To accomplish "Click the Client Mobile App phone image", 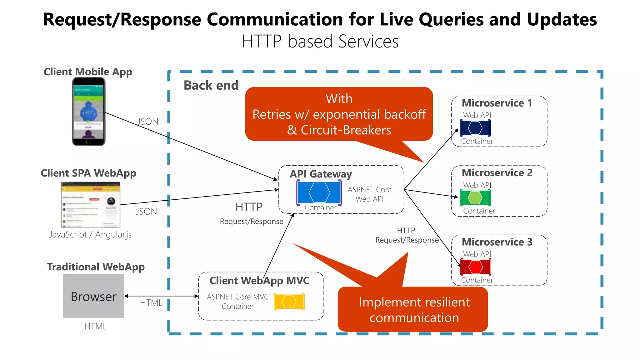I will pos(89,112).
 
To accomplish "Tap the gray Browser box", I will pos(93,296).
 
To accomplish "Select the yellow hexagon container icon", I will pos(289,302).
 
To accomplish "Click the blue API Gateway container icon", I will pos(319,193).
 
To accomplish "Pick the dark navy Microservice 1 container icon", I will pos(475,128).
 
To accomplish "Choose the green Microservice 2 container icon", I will pos(475,197).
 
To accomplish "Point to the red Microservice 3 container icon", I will pos(476,267).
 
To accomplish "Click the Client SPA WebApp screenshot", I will pos(91,205).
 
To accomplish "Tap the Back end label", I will pos(211,85).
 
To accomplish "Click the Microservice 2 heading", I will pos(497,173).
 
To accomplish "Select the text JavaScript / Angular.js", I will pos(90,234).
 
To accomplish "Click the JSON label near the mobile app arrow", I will pos(148,122).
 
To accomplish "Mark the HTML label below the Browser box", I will pos(95,326).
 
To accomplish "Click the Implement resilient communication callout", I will pos(414,309).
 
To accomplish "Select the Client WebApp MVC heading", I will pos(259,281).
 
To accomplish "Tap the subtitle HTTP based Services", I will pos(320,41).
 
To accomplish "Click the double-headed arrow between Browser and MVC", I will pos(161,296).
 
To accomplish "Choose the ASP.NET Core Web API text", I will pos(369,194).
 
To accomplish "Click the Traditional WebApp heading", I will pos(96,267).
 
